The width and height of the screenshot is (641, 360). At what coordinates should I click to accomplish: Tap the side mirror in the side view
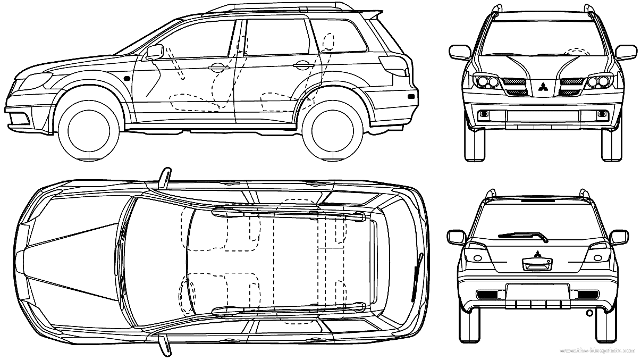pyautogui.click(x=154, y=52)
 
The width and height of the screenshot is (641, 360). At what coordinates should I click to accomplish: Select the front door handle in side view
pyautogui.click(x=217, y=68)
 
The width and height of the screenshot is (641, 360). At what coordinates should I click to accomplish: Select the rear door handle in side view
pyautogui.click(x=301, y=65)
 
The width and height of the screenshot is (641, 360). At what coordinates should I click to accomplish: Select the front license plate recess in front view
pyautogui.click(x=543, y=116)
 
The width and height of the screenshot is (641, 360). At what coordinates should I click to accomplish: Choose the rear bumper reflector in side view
pyautogui.click(x=411, y=98)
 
